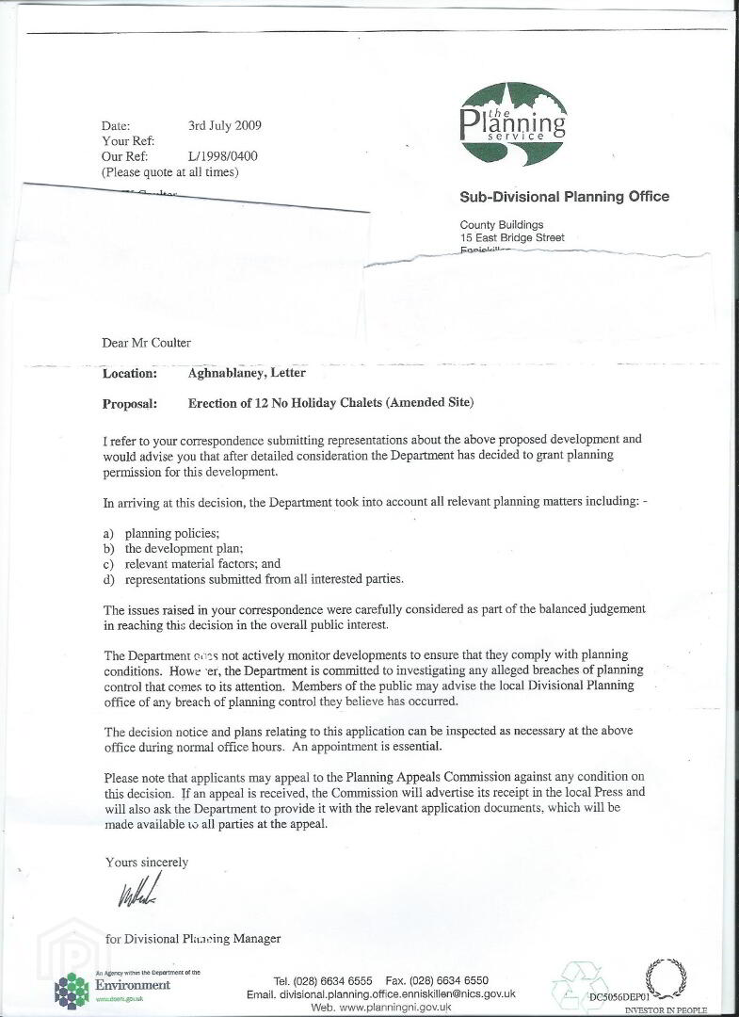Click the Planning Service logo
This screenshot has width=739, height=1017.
pyautogui.click(x=513, y=116)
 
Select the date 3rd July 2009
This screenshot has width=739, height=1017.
pyautogui.click(x=225, y=125)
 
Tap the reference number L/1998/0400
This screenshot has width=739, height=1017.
pyautogui.click(x=223, y=156)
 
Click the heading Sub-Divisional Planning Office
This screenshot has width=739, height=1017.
pyautogui.click(x=564, y=197)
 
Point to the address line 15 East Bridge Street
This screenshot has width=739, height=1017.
pyautogui.click(x=512, y=238)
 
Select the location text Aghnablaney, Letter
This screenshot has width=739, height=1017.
pyautogui.click(x=247, y=374)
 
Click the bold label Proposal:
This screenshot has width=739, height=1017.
pyautogui.click(x=131, y=404)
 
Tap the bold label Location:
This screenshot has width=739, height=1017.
pyautogui.click(x=130, y=374)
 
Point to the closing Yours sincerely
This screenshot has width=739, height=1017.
pyautogui.click(x=146, y=862)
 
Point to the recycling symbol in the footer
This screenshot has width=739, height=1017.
pyautogui.click(x=573, y=985)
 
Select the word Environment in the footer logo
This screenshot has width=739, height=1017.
pyautogui.click(x=133, y=985)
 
